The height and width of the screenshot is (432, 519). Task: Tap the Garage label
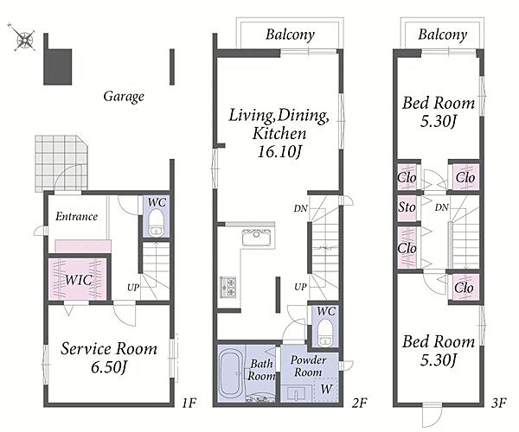(x=124, y=97)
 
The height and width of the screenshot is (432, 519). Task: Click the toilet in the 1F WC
(x=155, y=222)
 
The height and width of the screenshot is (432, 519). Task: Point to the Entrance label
(x=76, y=217)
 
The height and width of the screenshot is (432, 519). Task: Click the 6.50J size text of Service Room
(x=109, y=367)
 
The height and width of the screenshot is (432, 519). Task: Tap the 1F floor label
(x=189, y=403)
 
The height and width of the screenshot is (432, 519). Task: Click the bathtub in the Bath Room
(x=231, y=373)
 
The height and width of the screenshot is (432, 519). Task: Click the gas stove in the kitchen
(x=227, y=287)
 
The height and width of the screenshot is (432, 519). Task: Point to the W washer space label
(x=326, y=389)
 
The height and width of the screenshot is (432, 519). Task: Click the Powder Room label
(x=308, y=366)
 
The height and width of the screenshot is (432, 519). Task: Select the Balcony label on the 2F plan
(x=290, y=35)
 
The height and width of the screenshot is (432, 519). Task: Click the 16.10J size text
(x=279, y=152)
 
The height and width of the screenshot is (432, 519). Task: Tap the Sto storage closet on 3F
(x=407, y=208)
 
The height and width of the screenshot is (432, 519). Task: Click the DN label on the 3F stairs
(x=442, y=207)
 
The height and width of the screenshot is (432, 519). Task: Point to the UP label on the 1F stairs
(x=133, y=288)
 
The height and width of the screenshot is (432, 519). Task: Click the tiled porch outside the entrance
(x=61, y=163)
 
